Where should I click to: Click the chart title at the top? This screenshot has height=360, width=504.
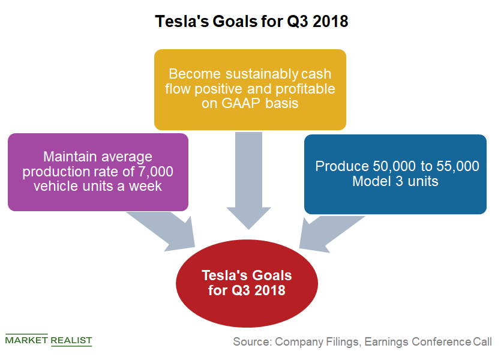pos(251,22)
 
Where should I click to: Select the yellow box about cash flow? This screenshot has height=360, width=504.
pos(250,89)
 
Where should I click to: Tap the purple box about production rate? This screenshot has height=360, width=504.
pos(98,172)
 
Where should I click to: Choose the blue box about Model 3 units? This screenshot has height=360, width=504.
pos(395,174)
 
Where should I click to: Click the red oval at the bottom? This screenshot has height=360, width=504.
pos(247,283)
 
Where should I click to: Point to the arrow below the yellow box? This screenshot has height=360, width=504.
pos(248,180)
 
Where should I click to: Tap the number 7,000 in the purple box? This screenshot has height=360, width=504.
pos(155,172)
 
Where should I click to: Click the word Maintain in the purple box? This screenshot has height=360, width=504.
pos(70,157)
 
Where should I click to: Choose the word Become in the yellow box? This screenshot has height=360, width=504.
pos(195,74)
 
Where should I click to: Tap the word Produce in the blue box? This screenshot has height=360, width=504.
pos(342,167)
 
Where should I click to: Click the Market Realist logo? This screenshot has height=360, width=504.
pos(49,340)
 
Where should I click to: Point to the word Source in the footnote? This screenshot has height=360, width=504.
pos(253,341)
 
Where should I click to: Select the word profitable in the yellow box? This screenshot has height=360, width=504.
pos(305,89)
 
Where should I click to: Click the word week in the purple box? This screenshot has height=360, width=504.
pos(145,187)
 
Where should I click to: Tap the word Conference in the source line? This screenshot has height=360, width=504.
pos(442,341)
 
